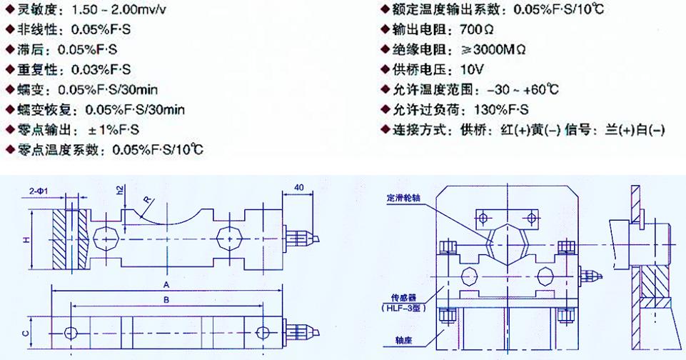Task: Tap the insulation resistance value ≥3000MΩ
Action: [x=495, y=50]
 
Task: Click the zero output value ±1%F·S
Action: [x=113, y=130]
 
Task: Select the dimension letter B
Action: [x=166, y=300]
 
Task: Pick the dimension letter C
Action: [x=24, y=332]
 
